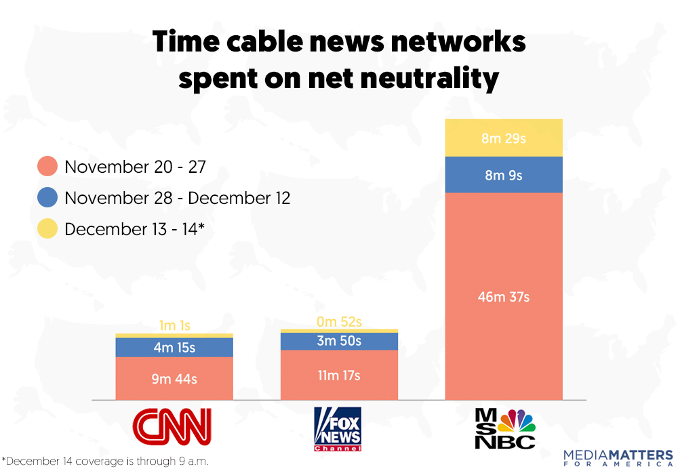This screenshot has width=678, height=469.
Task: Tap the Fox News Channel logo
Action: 338,429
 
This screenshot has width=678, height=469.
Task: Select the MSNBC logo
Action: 504,428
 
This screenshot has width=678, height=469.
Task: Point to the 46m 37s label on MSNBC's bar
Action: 504,297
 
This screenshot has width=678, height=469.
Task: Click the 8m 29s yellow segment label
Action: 504,138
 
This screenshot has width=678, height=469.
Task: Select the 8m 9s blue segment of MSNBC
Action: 504,175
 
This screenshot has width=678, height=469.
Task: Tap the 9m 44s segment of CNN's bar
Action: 174,379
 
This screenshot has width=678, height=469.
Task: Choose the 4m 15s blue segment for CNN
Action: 174,348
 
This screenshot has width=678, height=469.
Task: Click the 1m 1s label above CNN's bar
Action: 174,325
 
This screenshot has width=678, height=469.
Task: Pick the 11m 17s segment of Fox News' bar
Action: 338,375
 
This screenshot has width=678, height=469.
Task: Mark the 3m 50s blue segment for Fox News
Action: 338,342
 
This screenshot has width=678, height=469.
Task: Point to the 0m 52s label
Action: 338,321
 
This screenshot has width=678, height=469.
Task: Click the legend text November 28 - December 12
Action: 178,198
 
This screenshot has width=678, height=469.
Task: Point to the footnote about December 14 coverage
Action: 105,461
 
